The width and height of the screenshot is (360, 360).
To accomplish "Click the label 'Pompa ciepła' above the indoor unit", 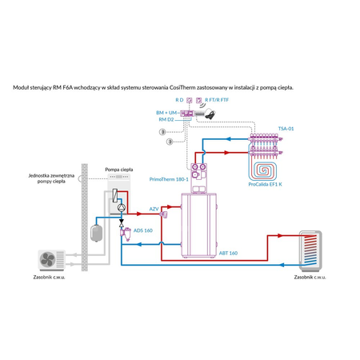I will [x=118, y=170].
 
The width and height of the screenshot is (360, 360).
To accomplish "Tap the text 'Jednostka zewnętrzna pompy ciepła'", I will [x=51, y=178].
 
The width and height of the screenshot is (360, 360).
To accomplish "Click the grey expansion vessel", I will [x=95, y=230].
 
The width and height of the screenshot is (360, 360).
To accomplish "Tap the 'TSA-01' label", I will [x=286, y=128].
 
